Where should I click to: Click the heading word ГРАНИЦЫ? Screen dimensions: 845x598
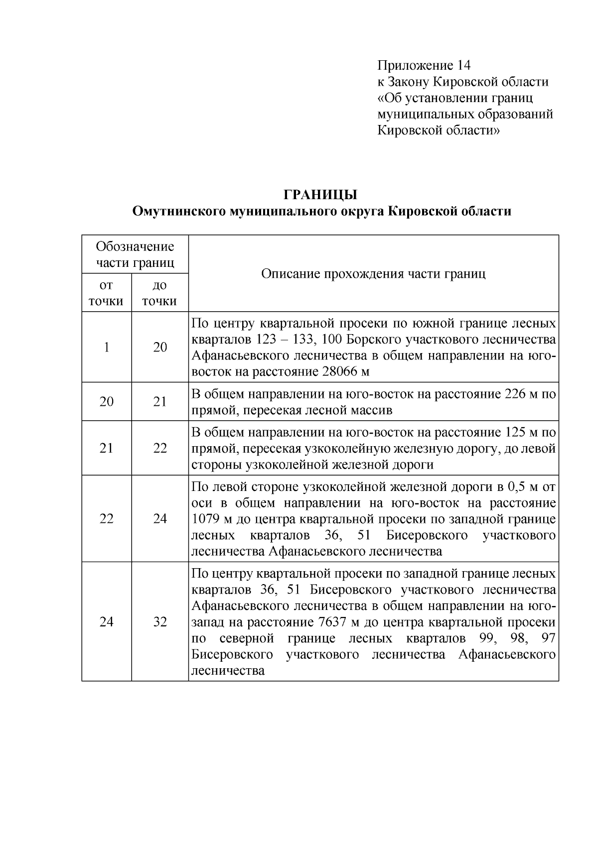click(320, 195)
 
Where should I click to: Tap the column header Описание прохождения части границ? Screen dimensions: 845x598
click(373, 273)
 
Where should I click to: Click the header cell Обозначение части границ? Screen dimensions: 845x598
click(135, 254)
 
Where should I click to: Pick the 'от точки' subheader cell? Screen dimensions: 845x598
click(106, 293)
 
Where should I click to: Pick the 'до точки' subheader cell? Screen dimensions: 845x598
click(159, 293)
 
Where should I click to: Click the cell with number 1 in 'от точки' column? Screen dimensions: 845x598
click(106, 347)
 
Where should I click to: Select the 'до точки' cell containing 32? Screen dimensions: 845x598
click(159, 621)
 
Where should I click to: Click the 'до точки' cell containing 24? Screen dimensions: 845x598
click(159, 519)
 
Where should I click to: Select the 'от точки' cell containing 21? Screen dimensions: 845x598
click(106, 448)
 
